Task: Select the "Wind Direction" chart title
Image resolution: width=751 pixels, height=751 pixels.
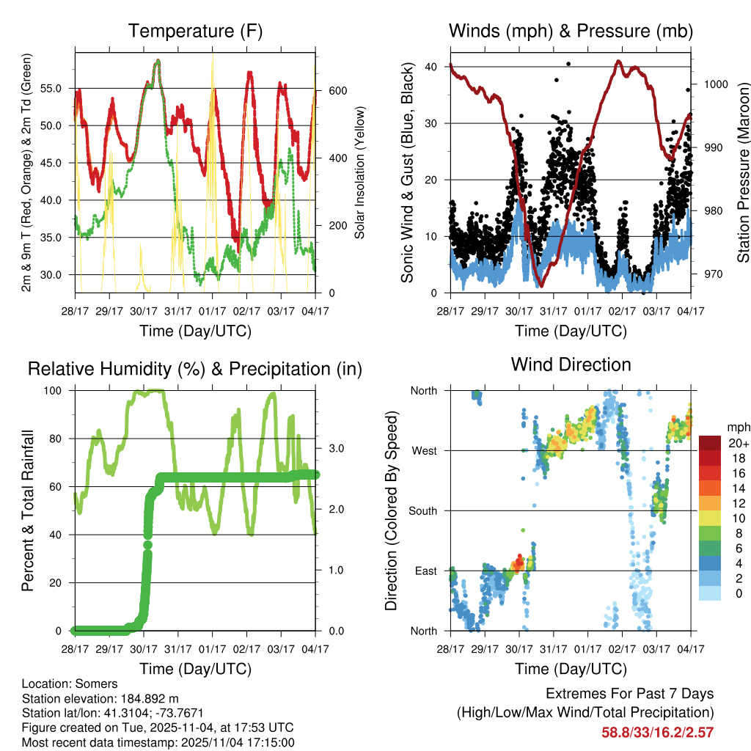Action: tap(571, 364)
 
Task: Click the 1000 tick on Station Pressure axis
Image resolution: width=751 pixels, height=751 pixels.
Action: tap(715, 84)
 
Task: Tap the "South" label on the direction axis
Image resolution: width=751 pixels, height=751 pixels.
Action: tap(422, 510)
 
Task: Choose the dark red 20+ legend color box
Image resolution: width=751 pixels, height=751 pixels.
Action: tap(709, 443)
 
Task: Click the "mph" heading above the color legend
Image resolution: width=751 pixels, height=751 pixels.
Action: tap(737, 427)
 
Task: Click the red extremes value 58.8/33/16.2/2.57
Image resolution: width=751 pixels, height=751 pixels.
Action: tap(658, 732)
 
